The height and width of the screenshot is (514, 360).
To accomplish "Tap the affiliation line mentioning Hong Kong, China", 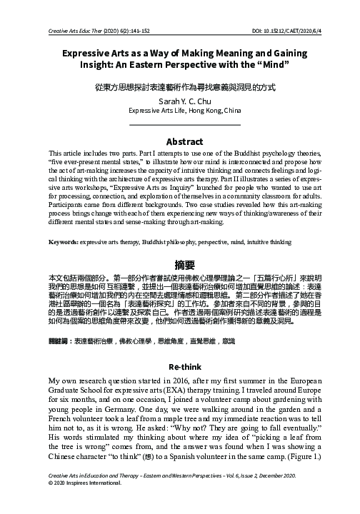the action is pos(180,111).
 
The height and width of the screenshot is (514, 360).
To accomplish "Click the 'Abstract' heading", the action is pos(180,141).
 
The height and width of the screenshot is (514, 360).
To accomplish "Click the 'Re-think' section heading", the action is pos(180,365).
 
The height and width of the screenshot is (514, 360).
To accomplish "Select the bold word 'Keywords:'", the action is pos(62,243).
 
